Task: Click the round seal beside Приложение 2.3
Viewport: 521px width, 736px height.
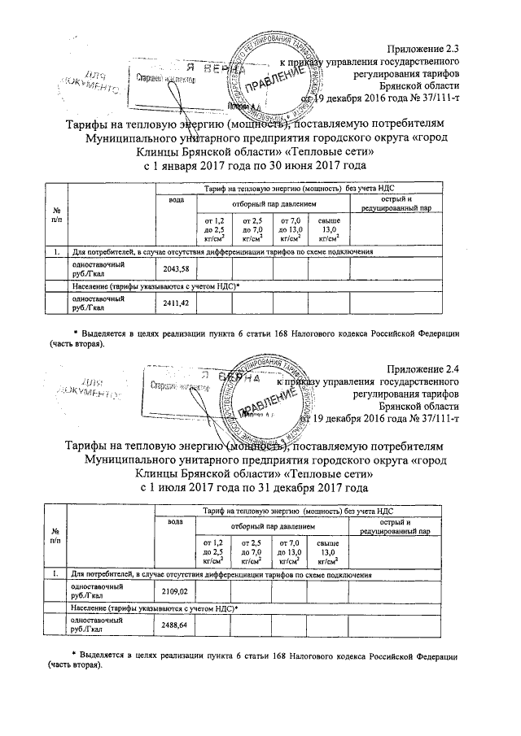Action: [x=274, y=74]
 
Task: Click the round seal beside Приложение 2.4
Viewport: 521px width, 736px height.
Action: [x=274, y=394]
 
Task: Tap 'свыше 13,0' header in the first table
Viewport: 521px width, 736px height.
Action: [x=328, y=229]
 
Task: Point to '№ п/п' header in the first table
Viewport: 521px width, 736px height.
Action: [x=55, y=216]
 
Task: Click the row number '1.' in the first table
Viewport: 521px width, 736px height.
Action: [x=55, y=253]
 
